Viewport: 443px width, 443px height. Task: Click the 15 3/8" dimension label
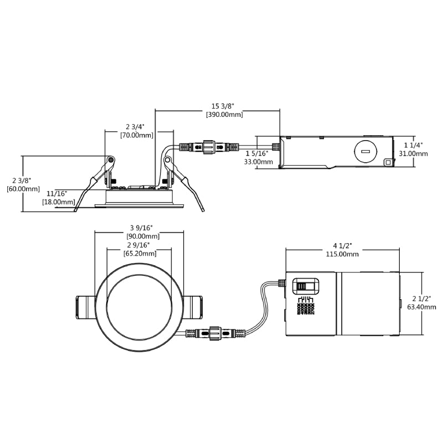pyautogui.click(x=224, y=106)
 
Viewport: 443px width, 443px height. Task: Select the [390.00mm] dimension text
pyautogui.click(x=224, y=115)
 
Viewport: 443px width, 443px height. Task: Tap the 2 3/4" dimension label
pyautogui.click(x=136, y=126)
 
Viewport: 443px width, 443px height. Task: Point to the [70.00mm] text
pyautogui.click(x=136, y=135)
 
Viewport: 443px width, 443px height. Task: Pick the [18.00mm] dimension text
pyautogui.click(x=58, y=202)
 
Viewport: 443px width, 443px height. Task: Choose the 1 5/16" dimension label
pyautogui.click(x=257, y=153)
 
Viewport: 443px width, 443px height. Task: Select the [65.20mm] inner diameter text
pyautogui.click(x=139, y=253)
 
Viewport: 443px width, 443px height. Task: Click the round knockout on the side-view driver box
pyautogui.click(x=364, y=151)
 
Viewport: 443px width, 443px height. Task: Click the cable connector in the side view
pyautogui.click(x=208, y=148)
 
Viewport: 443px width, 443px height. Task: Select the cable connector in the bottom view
pyautogui.click(x=215, y=334)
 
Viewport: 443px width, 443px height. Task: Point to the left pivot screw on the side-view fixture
pyautogui.click(x=111, y=160)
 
